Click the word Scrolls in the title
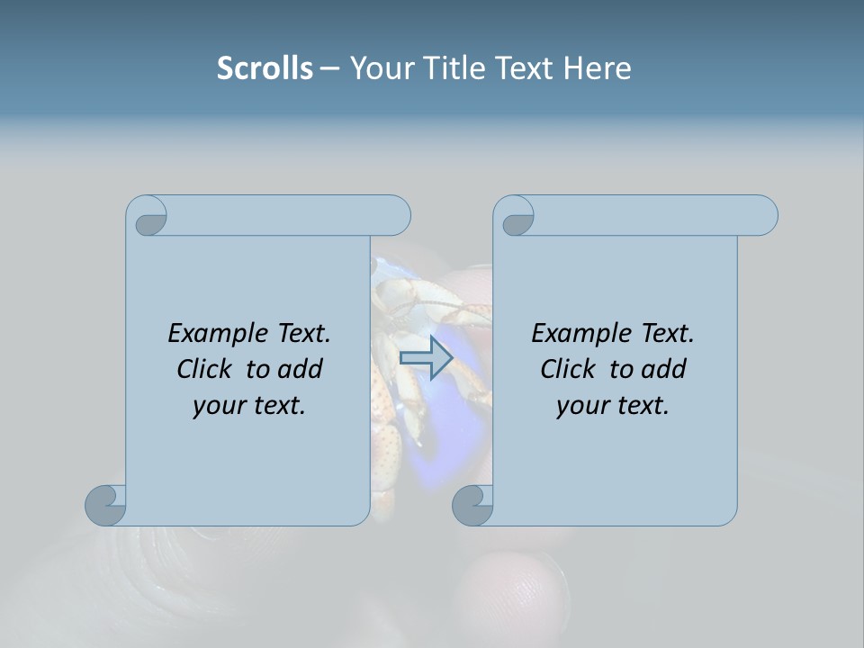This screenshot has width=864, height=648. [x=265, y=68]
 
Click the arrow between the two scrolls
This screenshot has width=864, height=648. [x=426, y=358]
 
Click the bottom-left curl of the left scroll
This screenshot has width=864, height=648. [x=106, y=504]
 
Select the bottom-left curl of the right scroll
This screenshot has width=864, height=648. [x=472, y=504]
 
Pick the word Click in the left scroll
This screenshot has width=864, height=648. [x=204, y=369]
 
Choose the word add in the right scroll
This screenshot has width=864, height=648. [x=665, y=369]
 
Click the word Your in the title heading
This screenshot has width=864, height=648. [x=379, y=68]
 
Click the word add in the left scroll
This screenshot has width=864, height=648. [x=301, y=369]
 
